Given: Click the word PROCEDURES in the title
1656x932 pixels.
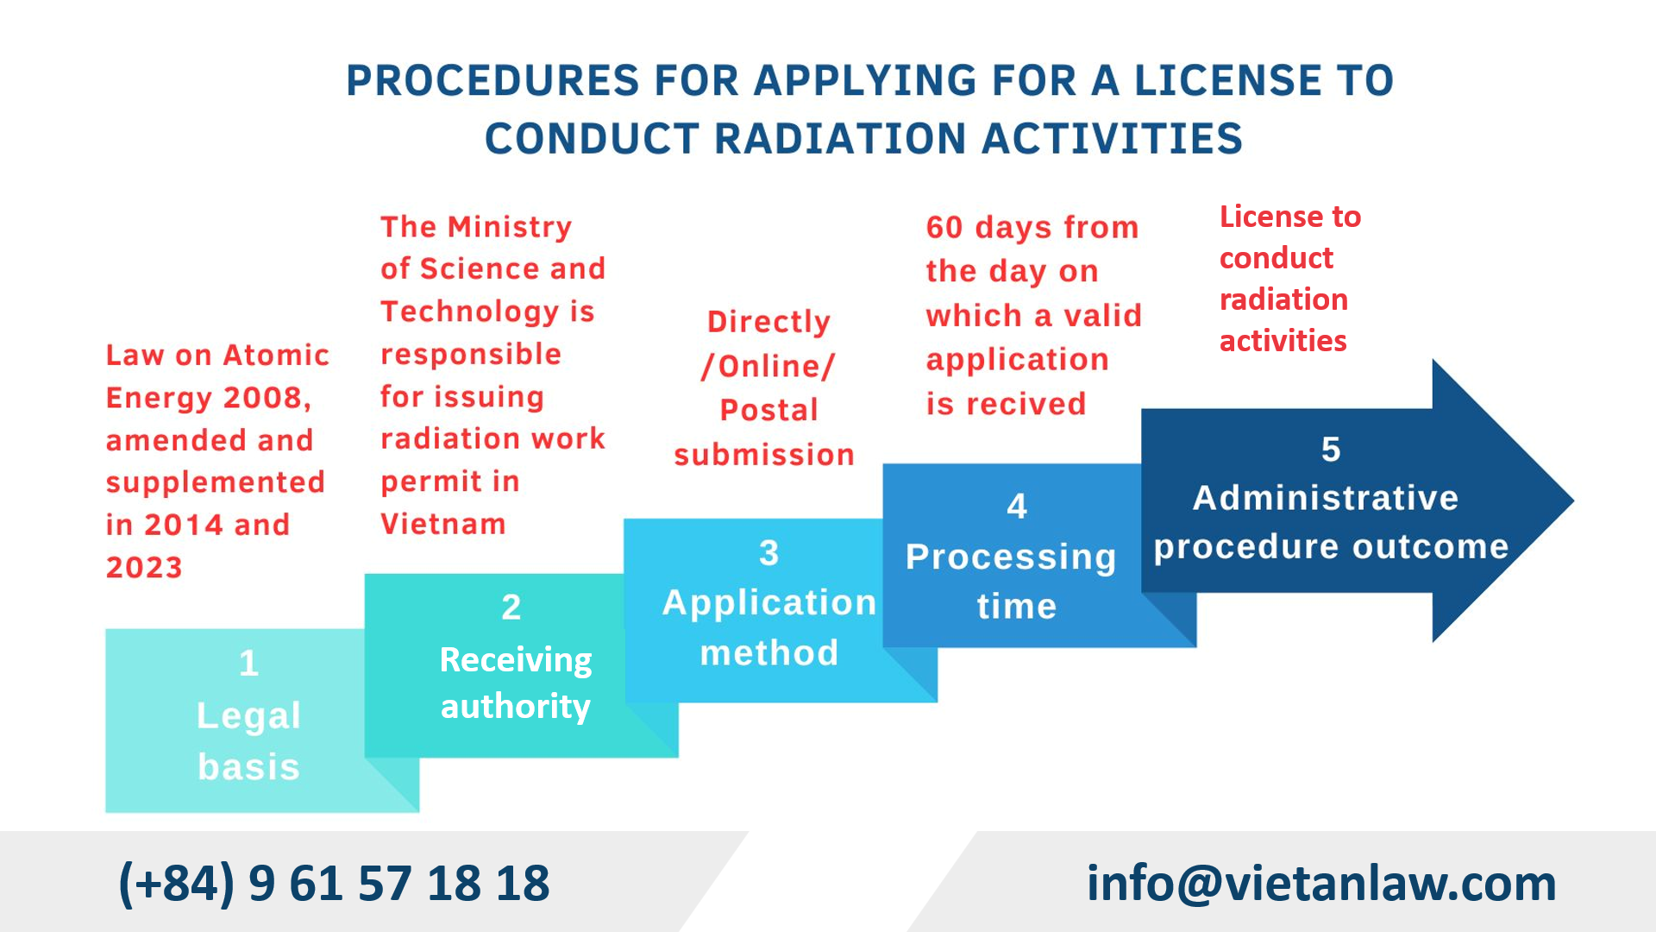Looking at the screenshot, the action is click(x=492, y=81).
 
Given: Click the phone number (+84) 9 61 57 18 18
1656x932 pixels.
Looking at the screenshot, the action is click(x=334, y=884).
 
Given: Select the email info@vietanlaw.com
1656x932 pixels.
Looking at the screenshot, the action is click(x=1321, y=884).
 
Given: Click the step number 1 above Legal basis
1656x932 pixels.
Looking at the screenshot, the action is click(x=248, y=663).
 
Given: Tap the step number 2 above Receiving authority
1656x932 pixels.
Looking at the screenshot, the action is click(x=511, y=608).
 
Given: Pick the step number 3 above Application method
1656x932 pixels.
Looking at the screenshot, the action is click(x=769, y=553).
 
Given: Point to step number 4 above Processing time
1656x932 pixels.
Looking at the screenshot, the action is click(x=1017, y=506).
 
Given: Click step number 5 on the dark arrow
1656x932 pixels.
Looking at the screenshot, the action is click(x=1331, y=450).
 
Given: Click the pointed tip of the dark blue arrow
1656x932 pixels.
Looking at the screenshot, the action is click(x=1573, y=501).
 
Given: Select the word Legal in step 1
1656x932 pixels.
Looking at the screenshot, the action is click(x=248, y=716).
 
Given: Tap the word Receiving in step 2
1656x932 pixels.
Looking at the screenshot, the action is click(x=516, y=661).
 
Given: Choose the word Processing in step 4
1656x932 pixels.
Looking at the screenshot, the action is click(x=1011, y=558).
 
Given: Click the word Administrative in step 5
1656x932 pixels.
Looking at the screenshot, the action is click(x=1326, y=498).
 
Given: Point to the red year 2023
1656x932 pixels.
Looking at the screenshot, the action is click(x=144, y=568).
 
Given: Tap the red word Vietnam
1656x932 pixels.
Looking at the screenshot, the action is click(x=443, y=524).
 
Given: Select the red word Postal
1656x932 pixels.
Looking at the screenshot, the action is click(x=769, y=410).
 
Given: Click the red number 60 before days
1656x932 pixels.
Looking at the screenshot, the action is click(x=944, y=228).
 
